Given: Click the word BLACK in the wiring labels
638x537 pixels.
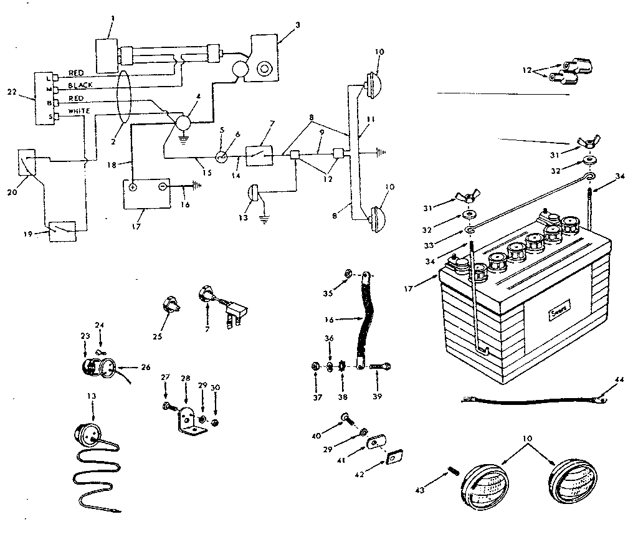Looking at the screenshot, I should [x=80, y=85].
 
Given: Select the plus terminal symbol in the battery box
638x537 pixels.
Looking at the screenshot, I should [x=133, y=186].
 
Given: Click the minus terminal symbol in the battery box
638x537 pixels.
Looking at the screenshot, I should [x=161, y=186].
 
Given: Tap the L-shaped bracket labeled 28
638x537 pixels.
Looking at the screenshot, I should [x=188, y=418].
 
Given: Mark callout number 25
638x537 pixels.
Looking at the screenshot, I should [x=157, y=336].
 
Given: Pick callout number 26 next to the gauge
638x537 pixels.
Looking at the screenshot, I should [x=146, y=367].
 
